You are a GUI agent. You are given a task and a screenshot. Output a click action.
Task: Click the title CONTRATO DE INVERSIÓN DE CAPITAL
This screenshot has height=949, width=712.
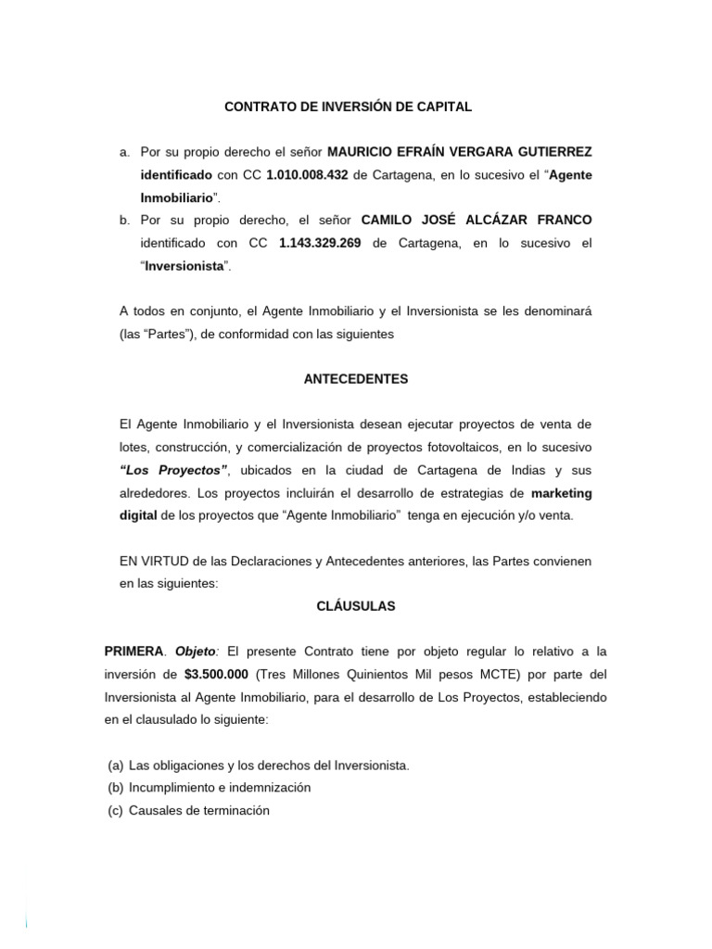point(349,107)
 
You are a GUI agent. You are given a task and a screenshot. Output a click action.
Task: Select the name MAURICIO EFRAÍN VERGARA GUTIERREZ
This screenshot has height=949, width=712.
point(460,151)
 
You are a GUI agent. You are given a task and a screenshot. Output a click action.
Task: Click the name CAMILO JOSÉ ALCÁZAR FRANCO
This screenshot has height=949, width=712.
point(476,220)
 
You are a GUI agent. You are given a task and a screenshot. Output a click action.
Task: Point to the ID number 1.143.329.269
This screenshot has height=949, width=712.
point(321,243)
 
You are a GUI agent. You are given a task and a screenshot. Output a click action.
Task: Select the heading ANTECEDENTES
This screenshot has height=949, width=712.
point(355,379)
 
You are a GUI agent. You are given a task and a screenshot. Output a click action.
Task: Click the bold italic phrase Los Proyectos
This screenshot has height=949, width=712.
point(173,470)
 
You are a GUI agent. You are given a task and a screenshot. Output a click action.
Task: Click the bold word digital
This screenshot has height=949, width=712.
point(138,515)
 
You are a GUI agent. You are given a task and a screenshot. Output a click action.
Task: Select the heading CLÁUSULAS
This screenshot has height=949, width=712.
point(355,606)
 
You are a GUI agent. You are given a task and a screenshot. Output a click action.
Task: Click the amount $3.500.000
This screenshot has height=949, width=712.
point(216,675)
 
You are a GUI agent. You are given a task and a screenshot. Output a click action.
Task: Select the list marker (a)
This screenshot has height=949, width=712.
point(115,766)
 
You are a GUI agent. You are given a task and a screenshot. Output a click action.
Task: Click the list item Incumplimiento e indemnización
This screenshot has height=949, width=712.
point(220,788)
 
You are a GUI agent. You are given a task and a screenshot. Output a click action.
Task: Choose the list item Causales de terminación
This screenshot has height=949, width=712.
point(199,810)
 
